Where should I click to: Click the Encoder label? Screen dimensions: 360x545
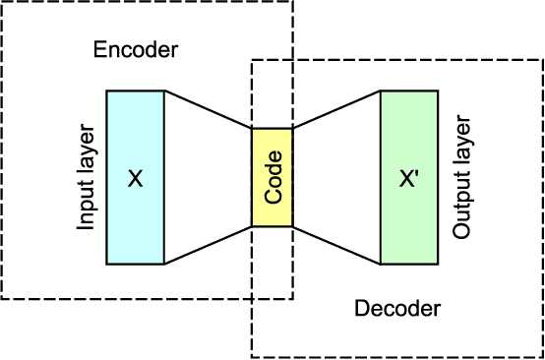pos(136,48)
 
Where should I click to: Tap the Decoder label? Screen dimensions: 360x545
pos(396,309)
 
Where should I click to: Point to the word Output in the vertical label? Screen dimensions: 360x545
pos(460,209)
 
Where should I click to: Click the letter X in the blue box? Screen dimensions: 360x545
pos(136,178)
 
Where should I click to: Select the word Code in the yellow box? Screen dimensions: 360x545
pos(272,177)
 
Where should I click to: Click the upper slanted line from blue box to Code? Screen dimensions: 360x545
pos(208,109)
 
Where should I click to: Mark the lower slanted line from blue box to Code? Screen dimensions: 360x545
pos(208,246)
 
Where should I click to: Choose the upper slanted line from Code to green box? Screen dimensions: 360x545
pos(336,109)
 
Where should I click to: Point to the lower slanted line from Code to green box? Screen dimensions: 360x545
pos(336,246)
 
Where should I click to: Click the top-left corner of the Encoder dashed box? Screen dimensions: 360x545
pos(2,2)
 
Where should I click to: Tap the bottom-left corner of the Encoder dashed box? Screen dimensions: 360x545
pos(2,298)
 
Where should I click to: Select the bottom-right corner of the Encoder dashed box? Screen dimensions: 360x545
pos(292,298)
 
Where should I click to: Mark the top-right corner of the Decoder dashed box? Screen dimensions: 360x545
pos(542,60)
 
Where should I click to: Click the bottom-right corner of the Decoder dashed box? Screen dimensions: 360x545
pos(542,357)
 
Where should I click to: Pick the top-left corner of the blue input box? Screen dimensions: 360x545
pos(106,91)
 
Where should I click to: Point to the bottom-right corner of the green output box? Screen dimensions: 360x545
pos(439,264)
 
